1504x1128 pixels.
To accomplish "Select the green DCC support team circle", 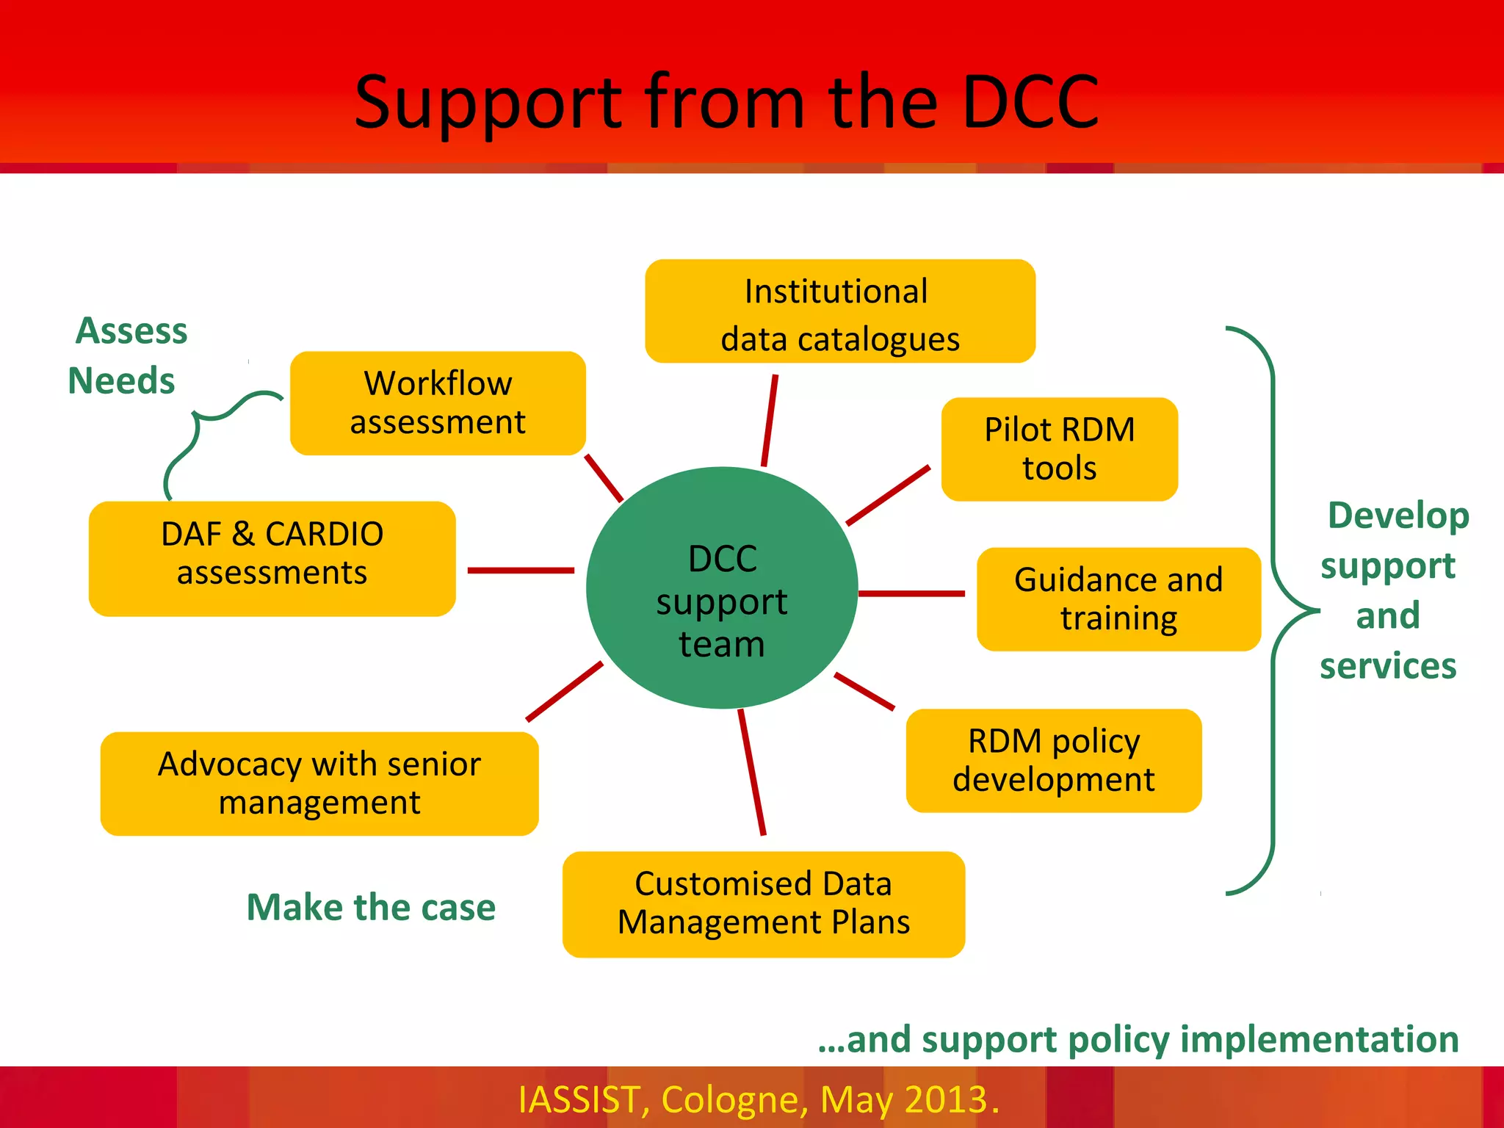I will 722,587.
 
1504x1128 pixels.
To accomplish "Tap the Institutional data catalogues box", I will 839,311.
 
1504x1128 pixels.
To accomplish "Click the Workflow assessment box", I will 438,403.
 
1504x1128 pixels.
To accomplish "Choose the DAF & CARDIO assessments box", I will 272,558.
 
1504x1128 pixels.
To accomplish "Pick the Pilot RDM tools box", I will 1059,449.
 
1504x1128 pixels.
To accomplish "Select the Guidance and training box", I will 1118,599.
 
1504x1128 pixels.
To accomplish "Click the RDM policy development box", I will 1053,761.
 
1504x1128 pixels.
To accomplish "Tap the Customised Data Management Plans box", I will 763,904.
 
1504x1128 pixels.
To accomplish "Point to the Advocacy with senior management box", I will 319,784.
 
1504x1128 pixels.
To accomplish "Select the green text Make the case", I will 371,907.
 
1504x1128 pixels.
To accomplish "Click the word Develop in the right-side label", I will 1398,516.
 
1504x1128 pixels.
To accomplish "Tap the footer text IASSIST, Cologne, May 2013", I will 758,1099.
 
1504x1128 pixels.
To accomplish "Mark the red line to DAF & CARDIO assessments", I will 520,570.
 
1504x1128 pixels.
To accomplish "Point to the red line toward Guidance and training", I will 911,593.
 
